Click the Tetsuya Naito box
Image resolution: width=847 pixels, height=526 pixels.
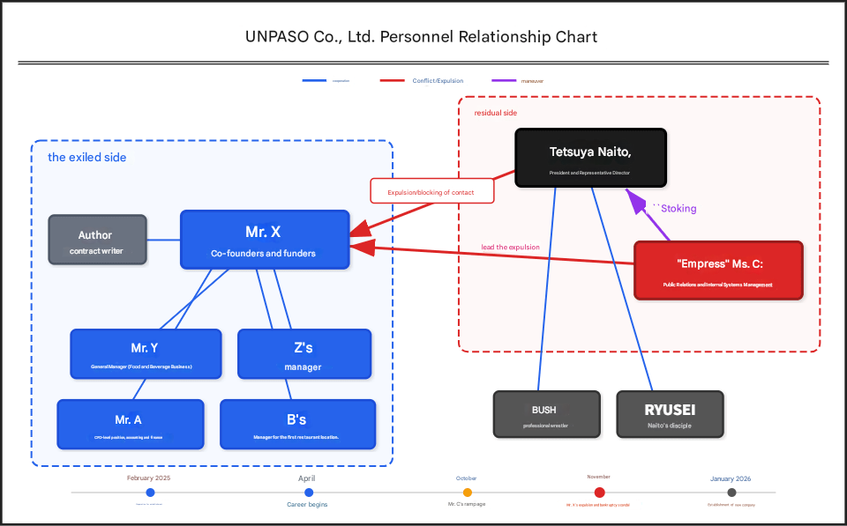pyautogui.click(x=590, y=158)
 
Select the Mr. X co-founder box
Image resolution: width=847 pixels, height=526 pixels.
pyautogui.click(x=264, y=239)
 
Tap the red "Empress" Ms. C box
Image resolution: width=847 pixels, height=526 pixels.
pyautogui.click(x=718, y=270)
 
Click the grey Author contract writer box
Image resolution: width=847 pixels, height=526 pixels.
pyautogui.click(x=96, y=240)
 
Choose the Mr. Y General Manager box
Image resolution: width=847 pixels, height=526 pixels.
pyautogui.click(x=145, y=353)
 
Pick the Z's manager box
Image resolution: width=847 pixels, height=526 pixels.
pyautogui.click(x=304, y=353)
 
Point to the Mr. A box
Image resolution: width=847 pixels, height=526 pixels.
pyautogui.click(x=129, y=424)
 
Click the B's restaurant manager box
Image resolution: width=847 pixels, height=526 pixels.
pyautogui.click(x=296, y=424)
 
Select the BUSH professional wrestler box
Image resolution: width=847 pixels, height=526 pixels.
pyautogui.click(x=545, y=414)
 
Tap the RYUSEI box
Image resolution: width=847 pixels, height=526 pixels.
pyautogui.click(x=670, y=414)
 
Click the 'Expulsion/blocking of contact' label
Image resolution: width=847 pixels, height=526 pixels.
pyautogui.click(x=431, y=191)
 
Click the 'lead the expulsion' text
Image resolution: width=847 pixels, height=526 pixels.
pyautogui.click(x=510, y=248)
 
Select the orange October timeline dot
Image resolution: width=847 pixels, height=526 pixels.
pyautogui.click(x=467, y=493)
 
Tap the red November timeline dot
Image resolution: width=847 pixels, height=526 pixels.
pyautogui.click(x=599, y=493)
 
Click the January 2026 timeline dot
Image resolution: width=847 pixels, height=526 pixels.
pyautogui.click(x=731, y=493)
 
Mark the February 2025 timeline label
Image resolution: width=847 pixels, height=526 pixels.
pyautogui.click(x=148, y=478)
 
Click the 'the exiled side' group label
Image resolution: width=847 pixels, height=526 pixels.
pyautogui.click(x=86, y=158)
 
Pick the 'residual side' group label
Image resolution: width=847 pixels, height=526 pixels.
pyautogui.click(x=496, y=113)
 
